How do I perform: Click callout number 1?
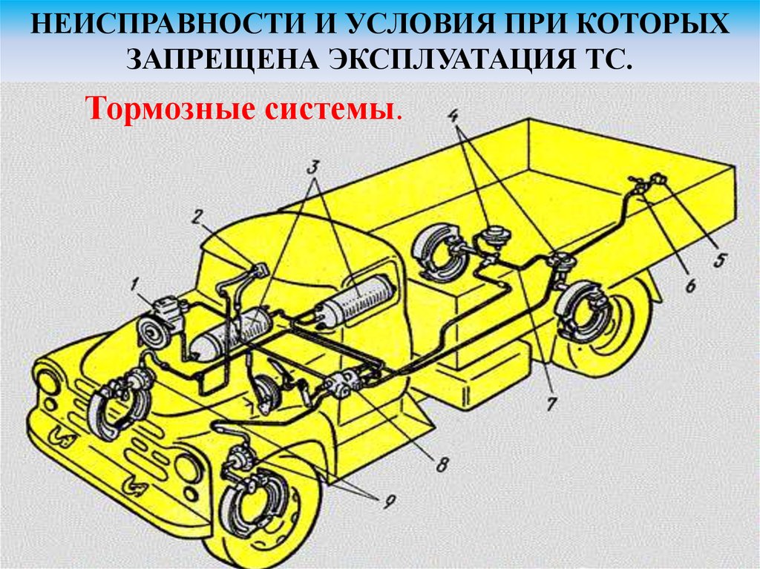pyautogui.click(x=134, y=285)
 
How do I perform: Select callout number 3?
pyautogui.click(x=313, y=167)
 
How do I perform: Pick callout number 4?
pyautogui.click(x=453, y=116)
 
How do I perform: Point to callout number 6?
pyautogui.click(x=690, y=285)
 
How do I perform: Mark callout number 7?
pyautogui.click(x=551, y=404)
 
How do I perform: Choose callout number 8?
pyautogui.click(x=442, y=465)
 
